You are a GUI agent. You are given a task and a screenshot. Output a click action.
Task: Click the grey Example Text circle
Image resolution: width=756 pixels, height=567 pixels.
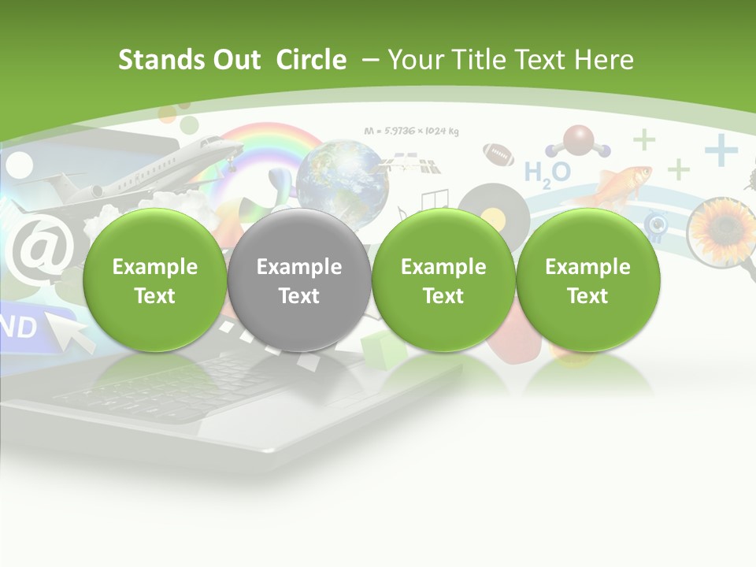coord(299,280)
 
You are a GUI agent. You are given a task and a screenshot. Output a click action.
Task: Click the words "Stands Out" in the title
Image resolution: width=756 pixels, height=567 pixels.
coord(189,60)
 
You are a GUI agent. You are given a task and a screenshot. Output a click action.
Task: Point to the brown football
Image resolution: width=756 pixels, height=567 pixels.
coord(498,153)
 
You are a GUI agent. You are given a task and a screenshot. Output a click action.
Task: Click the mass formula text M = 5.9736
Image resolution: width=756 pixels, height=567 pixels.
coord(411,131)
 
